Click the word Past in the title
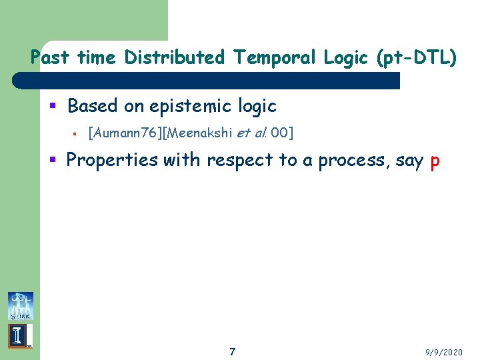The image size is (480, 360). point(51,58)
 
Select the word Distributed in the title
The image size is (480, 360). point(175,58)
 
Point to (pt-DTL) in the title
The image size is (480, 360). point(417,58)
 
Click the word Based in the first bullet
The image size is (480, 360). point(92,106)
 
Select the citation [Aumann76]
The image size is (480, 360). point(127,133)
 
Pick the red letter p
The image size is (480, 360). point(435,162)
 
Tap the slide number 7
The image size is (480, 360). point(232,351)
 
